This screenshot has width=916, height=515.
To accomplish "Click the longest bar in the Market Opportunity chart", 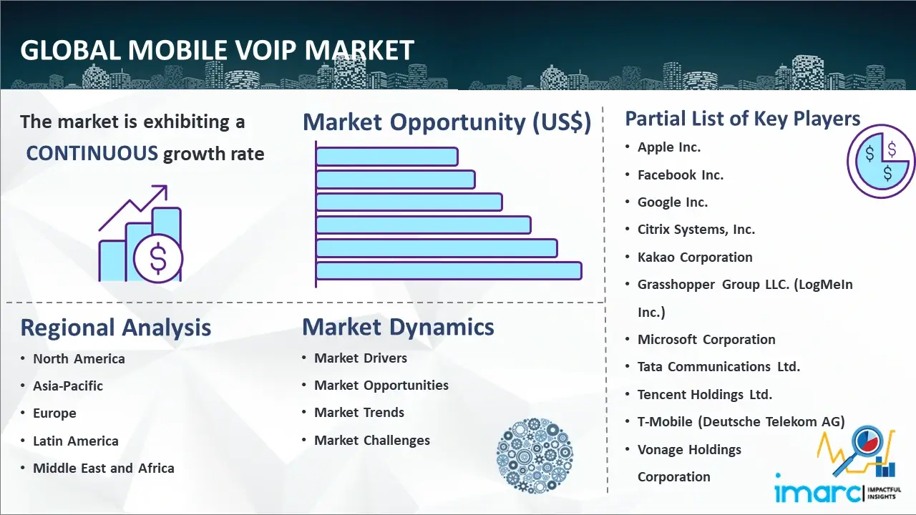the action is point(449,271).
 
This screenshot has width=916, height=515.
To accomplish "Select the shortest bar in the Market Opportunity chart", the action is point(387,157).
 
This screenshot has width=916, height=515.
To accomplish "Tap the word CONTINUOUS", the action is point(92,153).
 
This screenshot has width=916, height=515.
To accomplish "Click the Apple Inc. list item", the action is point(669,147).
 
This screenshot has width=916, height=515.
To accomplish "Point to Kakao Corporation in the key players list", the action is point(695,257).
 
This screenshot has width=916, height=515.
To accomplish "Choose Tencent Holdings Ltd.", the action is point(705,394).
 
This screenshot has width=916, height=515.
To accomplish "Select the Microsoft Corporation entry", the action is point(706,339).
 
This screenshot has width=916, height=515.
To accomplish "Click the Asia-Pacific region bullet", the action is point(68,386).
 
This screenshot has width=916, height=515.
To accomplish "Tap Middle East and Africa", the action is point(104,468).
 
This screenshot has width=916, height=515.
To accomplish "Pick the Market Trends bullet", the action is point(359,413).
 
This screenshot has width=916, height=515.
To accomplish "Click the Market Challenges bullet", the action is point(371,440).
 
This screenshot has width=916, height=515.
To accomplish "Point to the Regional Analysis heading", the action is point(116,328).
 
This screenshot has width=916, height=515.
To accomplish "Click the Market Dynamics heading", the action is point(398,327).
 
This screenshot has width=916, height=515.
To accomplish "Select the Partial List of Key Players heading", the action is point(743,119).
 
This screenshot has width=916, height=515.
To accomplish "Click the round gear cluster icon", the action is point(535,455).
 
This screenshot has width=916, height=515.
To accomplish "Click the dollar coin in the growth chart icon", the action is point(158,258).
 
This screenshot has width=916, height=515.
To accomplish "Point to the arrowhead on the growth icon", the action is point(162,191).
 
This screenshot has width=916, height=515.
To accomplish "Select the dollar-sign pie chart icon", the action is point(880,162).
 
